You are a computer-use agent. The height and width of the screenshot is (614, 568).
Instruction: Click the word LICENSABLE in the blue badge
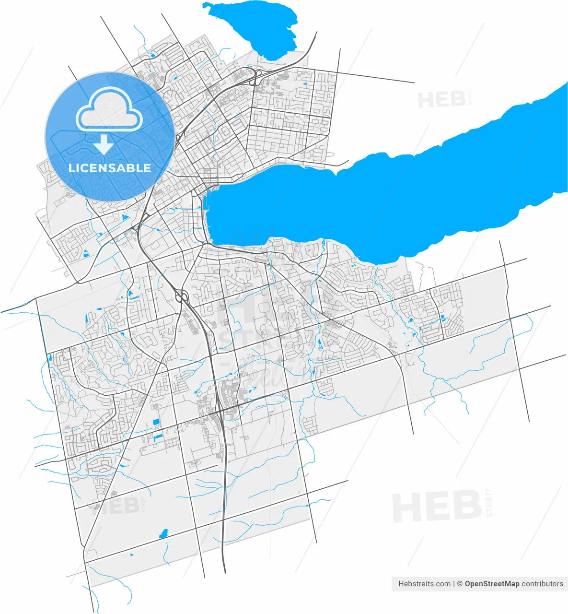tap(110, 168)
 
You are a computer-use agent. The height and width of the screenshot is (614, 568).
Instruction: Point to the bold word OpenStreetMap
tap(492, 584)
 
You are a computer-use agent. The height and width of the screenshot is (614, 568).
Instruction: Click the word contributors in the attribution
tap(543, 584)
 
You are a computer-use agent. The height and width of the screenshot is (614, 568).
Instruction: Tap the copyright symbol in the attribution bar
tap(459, 584)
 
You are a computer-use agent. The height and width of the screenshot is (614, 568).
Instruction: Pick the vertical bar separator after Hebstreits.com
tap(453, 584)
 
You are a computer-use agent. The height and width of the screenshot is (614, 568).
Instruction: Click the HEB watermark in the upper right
tap(441, 100)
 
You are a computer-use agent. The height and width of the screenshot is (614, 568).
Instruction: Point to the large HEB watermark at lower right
tap(436, 508)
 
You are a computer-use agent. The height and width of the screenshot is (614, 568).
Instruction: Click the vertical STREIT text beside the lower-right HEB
tap(489, 502)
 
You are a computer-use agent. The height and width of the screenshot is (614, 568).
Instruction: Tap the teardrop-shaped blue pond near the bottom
tap(164, 533)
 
